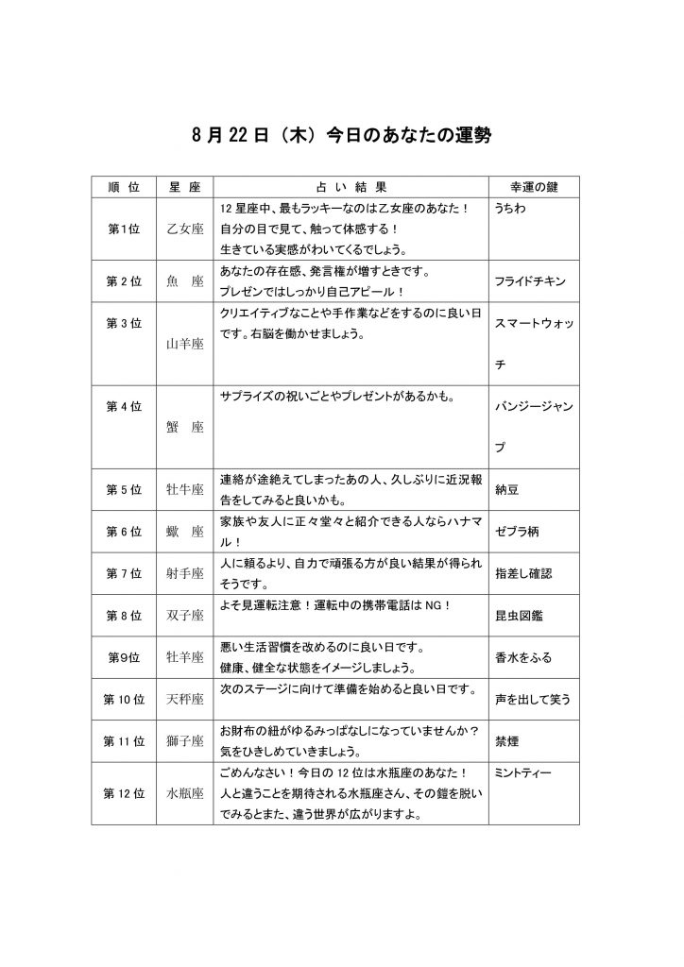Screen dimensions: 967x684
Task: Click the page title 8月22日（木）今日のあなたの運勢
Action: click(341, 137)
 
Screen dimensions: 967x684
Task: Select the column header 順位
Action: click(124, 188)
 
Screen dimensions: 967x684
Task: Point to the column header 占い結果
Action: click(350, 188)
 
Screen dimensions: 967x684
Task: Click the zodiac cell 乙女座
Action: click(185, 229)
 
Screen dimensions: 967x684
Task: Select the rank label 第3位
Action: click(124, 323)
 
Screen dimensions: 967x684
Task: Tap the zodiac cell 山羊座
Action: click(185, 345)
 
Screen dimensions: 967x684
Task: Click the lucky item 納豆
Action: click(508, 491)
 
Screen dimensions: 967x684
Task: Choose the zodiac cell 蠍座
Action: click(185, 533)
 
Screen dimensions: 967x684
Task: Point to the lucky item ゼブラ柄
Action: click(518, 533)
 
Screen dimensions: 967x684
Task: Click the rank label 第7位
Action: click(124, 574)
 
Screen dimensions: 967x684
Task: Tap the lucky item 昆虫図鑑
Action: click(518, 616)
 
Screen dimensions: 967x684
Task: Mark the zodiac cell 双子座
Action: click(185, 616)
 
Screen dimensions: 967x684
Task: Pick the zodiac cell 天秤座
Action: click(185, 700)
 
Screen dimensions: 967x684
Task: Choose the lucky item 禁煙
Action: click(508, 741)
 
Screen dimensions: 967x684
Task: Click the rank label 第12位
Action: click(124, 793)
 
